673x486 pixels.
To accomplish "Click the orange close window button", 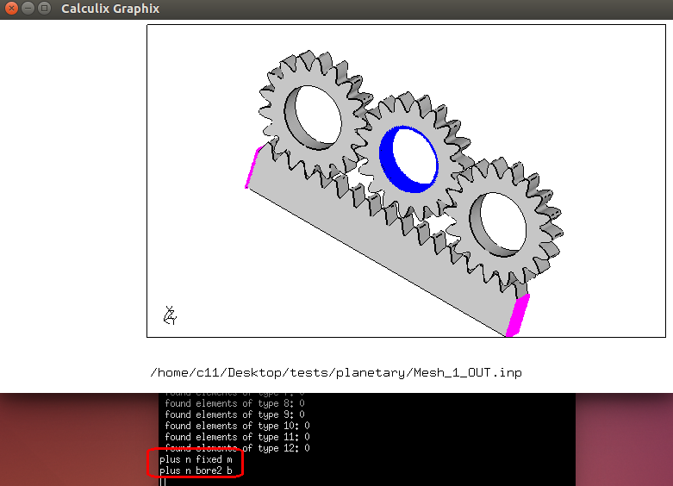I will (x=10, y=9).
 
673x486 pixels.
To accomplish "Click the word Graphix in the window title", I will (x=136, y=9).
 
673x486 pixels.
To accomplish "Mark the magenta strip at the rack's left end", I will (x=252, y=167).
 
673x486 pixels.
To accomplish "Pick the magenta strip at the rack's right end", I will (x=518, y=315).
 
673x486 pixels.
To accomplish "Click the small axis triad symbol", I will (x=170, y=316).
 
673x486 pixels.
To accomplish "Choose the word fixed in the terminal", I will (x=209, y=459).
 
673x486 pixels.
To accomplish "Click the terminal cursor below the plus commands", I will (x=161, y=481).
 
